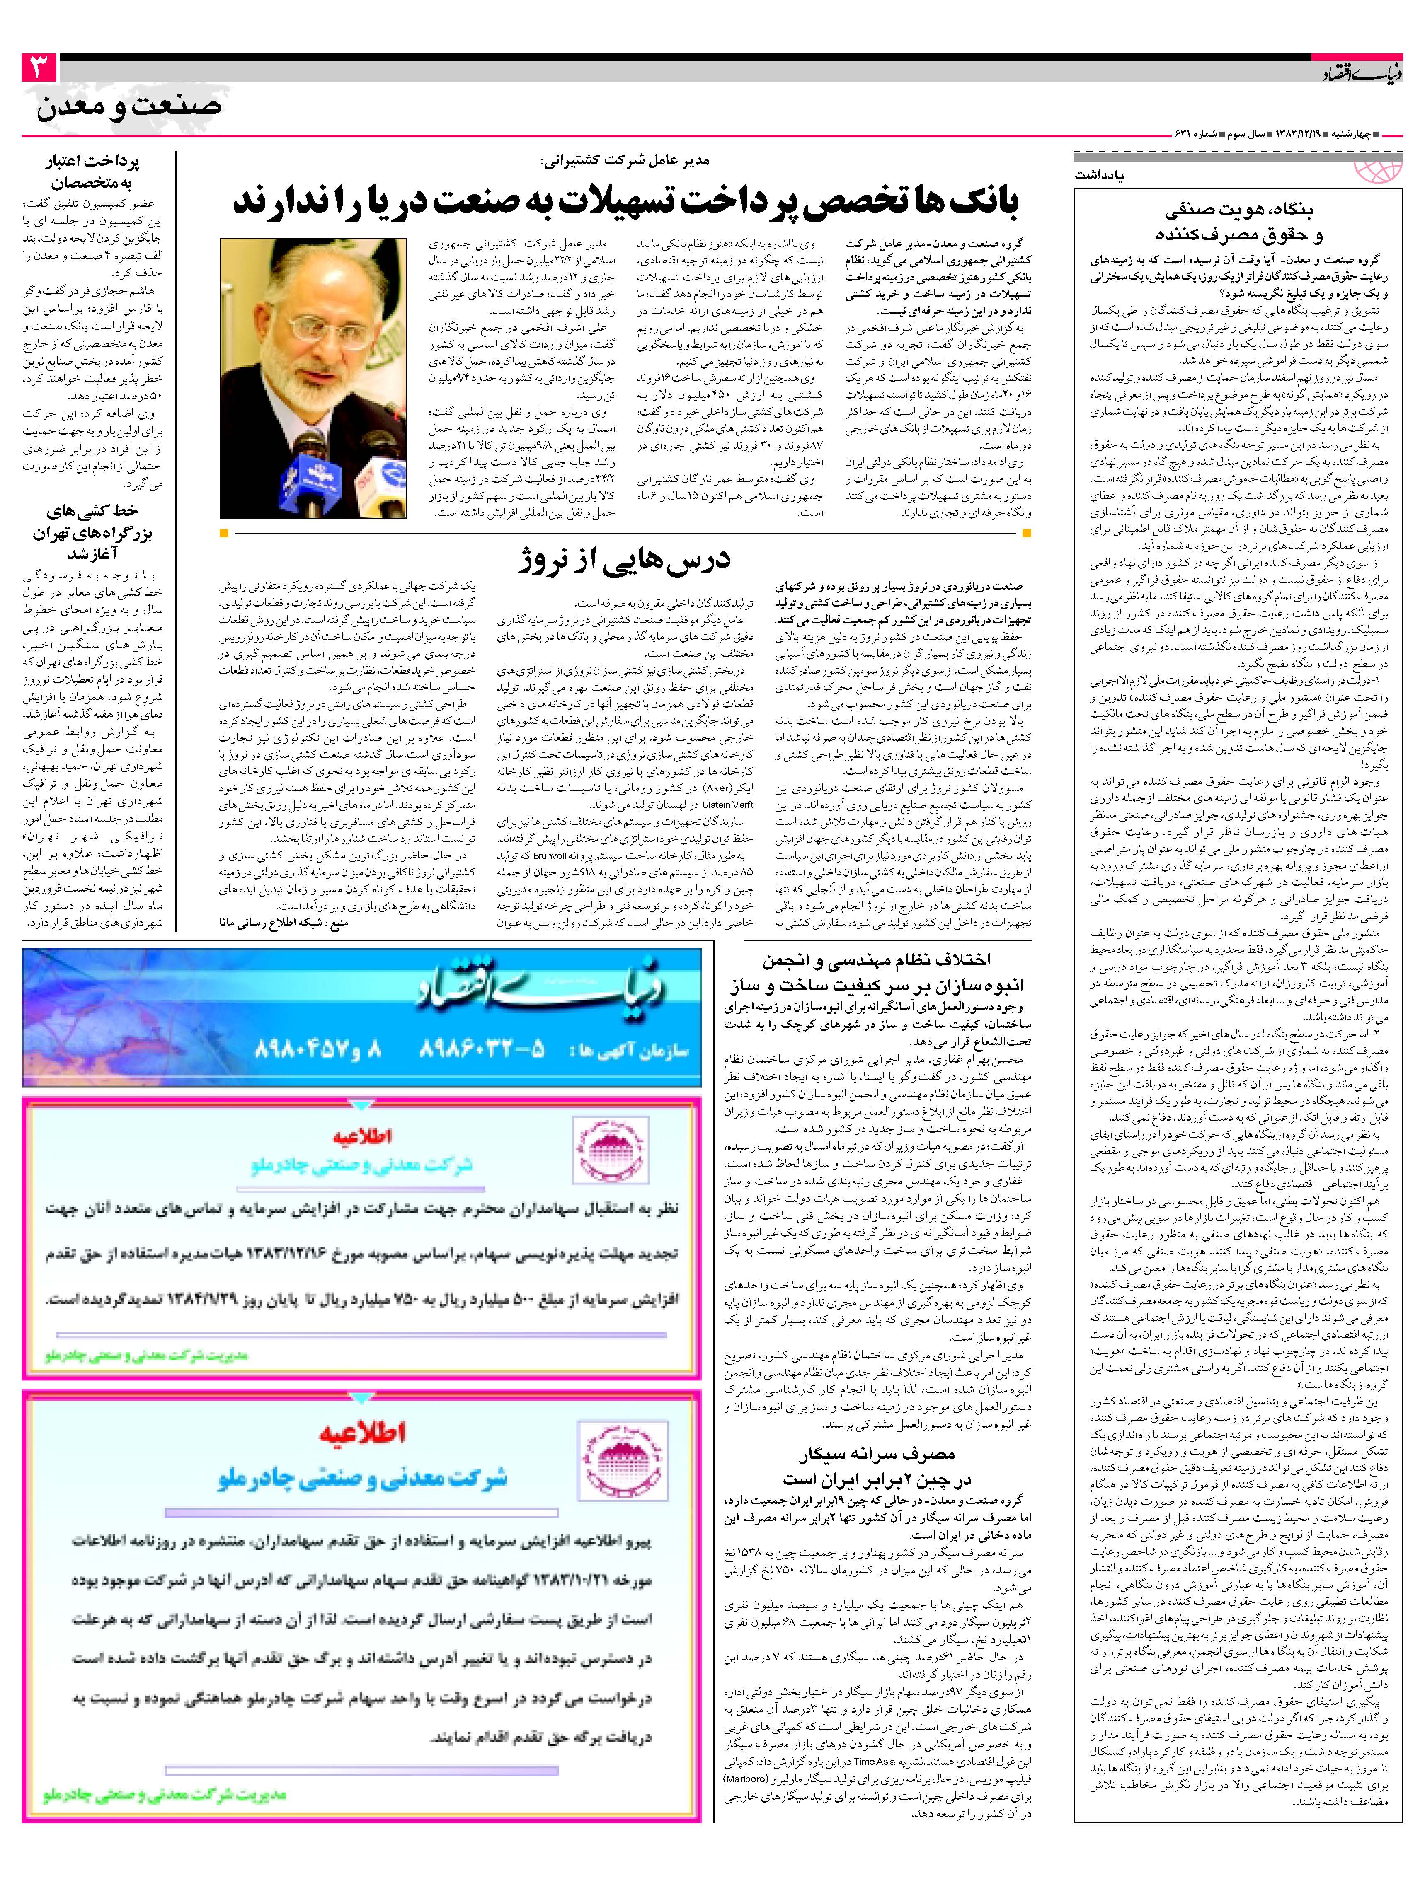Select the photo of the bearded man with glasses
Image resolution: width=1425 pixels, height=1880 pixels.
(x=312, y=377)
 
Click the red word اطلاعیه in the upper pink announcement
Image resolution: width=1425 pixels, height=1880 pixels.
(x=361, y=1137)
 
